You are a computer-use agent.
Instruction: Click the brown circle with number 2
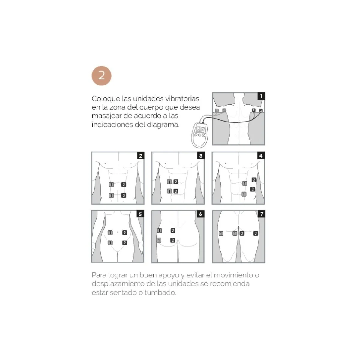pos(101,76)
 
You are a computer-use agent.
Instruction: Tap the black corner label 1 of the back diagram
pos(261,96)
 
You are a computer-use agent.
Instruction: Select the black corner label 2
pos(141,155)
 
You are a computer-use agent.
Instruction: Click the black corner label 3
pos(201,155)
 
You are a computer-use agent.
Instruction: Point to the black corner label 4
pos(261,155)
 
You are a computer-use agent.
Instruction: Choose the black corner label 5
pos(140,214)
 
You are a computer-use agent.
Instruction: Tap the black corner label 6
pos(201,214)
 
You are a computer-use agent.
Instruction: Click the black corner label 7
pos(262,214)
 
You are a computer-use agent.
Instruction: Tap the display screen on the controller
pos(200,129)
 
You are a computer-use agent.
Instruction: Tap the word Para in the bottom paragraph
pos(99,275)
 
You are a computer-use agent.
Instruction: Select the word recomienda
pos(230,284)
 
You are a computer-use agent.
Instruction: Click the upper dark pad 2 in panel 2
pos(124,185)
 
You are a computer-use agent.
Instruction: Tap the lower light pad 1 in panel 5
pos(110,243)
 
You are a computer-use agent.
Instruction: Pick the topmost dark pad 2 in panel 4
pos(254,180)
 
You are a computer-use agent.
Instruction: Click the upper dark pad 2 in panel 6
pos(173,231)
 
